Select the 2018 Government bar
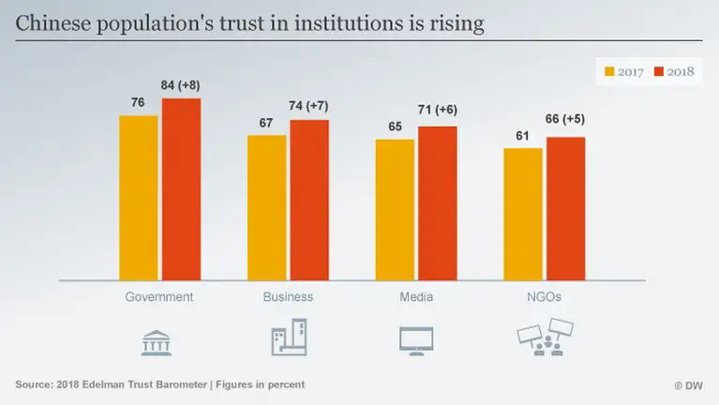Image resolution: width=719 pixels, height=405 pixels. [181, 188]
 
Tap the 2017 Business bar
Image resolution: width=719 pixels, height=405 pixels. [267, 207]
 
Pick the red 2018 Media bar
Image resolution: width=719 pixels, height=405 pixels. [437, 202]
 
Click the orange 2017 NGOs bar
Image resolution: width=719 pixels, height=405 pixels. [522, 214]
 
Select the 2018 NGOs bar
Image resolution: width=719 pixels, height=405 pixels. [565, 208]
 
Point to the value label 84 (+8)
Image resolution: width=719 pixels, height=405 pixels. [181, 85]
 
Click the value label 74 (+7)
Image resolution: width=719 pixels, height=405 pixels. [309, 107]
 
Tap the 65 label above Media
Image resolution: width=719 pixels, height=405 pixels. [395, 127]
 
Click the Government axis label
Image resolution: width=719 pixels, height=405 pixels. [159, 297]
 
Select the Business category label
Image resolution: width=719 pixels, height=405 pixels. [288, 297]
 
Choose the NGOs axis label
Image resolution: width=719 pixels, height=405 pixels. [544, 297]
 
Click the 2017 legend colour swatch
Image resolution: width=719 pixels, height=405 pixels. [608, 71]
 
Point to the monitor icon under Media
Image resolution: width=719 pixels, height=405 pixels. [416, 340]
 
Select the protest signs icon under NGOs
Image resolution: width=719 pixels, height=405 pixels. [547, 338]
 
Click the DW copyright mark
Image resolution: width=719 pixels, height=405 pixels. [688, 385]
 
